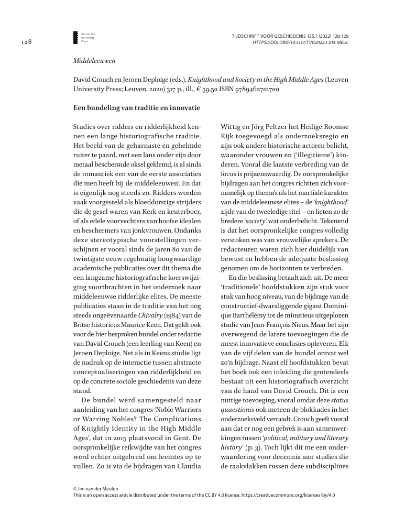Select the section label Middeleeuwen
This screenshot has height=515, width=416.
[94, 61]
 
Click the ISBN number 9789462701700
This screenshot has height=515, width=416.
[252, 89]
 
